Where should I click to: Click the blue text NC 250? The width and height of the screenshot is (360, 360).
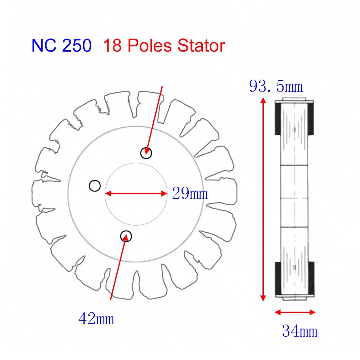[x=61, y=46]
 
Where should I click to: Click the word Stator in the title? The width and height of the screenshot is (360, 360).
[x=201, y=46]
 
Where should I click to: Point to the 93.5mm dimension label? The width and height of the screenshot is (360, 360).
[x=276, y=87]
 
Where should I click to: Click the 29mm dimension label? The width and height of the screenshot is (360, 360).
[x=190, y=193]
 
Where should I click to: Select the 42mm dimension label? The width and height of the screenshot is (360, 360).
[x=96, y=319]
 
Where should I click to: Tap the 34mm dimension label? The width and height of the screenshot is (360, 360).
[x=299, y=331]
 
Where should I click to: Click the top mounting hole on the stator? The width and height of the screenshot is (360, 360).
[x=146, y=153]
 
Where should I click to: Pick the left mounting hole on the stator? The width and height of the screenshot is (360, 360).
[x=95, y=186]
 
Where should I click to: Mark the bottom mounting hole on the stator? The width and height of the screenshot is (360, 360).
[x=126, y=236]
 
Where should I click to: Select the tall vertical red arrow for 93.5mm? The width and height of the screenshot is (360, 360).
[x=263, y=199]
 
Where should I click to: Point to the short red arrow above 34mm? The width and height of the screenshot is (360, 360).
[x=295, y=312]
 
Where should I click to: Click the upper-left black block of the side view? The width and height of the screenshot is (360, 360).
[x=278, y=118]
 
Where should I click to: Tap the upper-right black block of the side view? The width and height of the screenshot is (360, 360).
[x=311, y=118]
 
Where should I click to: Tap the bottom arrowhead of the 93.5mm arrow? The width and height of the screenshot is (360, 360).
[x=263, y=298]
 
